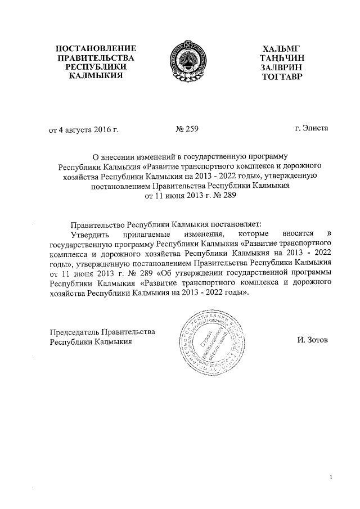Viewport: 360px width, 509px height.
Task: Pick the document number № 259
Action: point(187,130)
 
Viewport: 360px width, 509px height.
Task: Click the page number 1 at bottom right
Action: point(331,478)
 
